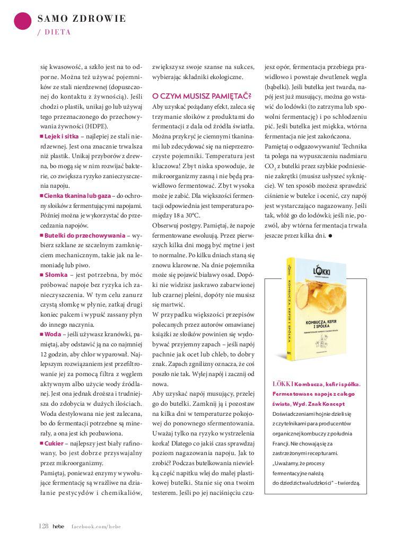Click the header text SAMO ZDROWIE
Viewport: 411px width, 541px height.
tap(82, 19)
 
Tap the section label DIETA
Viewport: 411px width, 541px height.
tap(57, 32)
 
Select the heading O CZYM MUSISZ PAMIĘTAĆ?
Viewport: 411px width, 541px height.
tap(202, 97)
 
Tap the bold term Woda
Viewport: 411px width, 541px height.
tap(53, 334)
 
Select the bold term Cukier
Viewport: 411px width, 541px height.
tap(55, 443)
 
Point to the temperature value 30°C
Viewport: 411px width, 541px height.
tap(191, 215)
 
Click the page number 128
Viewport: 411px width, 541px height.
tap(44, 526)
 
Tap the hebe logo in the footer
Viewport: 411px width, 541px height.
tap(58, 526)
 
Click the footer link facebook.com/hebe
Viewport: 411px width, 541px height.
tap(97, 526)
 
